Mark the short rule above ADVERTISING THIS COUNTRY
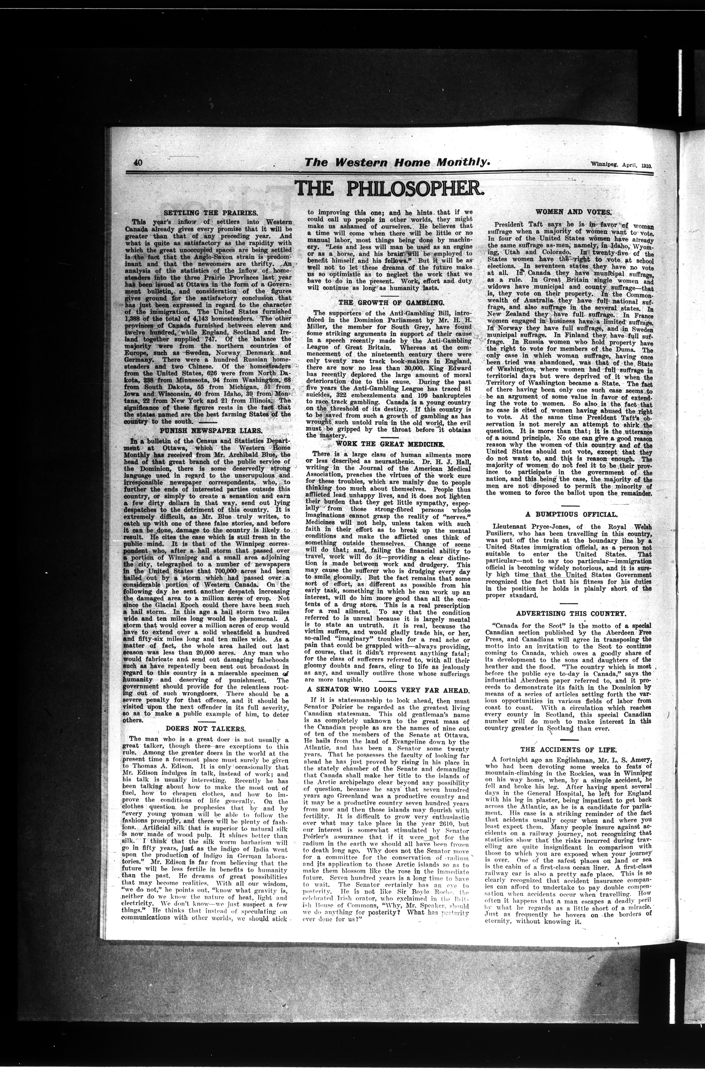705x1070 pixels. point(569,603)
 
